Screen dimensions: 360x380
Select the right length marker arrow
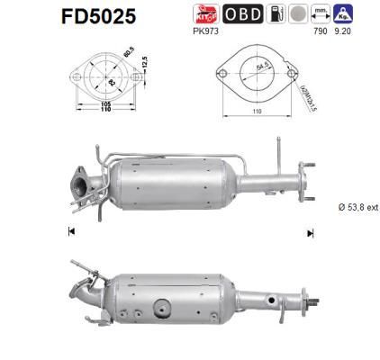click(310, 232)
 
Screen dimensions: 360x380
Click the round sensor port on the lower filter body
click(159, 300)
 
